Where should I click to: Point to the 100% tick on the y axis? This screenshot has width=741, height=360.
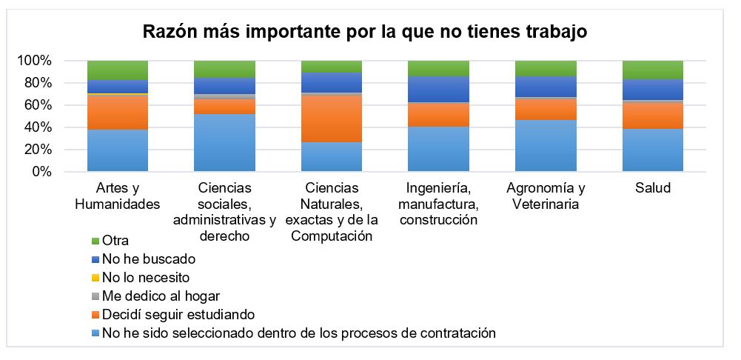[34, 61]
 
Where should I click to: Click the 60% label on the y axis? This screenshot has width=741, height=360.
[37, 105]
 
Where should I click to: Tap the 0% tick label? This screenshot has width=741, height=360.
[40, 172]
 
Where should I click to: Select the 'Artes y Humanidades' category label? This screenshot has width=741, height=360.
[117, 196]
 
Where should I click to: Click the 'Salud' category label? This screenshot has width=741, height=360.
[652, 188]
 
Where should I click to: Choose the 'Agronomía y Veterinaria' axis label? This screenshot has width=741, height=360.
[546, 196]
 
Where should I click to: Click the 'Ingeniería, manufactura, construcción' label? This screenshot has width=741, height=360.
[438, 204]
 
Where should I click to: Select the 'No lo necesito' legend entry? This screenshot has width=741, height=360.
[145, 278]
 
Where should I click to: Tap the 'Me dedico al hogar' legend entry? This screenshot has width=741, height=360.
[156, 296]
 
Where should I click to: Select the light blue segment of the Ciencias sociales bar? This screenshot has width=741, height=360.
[224, 143]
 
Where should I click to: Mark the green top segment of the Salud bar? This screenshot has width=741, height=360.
[652, 70]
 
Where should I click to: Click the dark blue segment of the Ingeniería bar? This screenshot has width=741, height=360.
[438, 89]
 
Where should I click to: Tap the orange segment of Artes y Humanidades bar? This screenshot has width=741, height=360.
[117, 113]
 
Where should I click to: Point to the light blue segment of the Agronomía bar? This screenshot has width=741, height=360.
[546, 146]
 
